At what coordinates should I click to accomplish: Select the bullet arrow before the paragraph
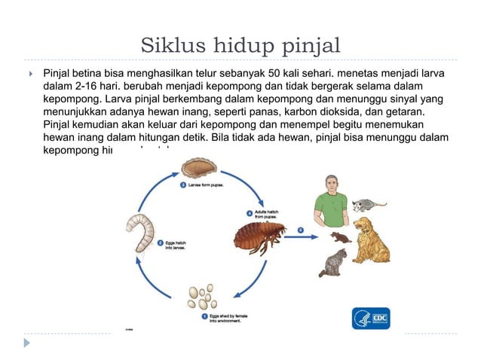(x=28, y=74)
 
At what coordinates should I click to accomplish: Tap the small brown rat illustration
(x=340, y=236)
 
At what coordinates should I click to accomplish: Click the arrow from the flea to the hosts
(x=300, y=229)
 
